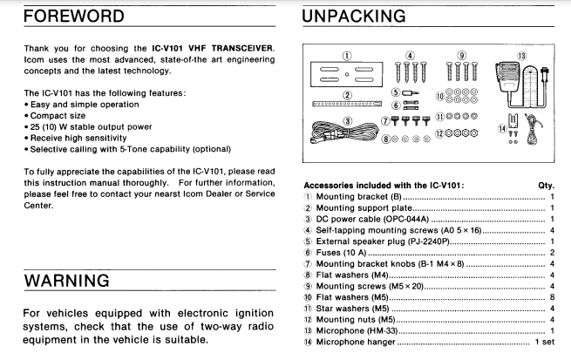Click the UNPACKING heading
(353, 17)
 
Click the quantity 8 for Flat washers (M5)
(552, 296)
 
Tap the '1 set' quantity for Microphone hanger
(544, 342)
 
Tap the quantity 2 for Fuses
(552, 251)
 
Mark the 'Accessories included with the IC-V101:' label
(383, 186)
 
